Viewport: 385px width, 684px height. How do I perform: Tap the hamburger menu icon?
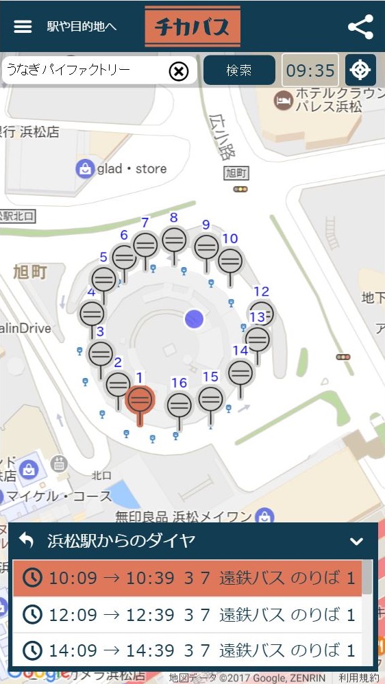pos(23,27)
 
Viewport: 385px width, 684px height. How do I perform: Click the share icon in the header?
pos(360,27)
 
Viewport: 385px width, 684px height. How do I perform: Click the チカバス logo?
pos(192,27)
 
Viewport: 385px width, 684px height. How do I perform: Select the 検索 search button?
pos(239,71)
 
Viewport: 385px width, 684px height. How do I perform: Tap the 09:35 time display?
pos(310,71)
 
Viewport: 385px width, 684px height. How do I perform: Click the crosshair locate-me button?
pos(360,71)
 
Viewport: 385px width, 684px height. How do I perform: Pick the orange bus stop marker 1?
pos(140,399)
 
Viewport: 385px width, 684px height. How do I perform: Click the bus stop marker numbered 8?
pos(174,240)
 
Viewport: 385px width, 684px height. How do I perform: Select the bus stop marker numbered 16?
pos(179,405)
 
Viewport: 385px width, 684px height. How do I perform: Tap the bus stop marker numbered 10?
pos(230,260)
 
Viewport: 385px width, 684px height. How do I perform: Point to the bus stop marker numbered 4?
pos(92,314)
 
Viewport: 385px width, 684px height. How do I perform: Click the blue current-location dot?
pos(195,318)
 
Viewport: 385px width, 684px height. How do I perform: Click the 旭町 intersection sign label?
pos(238,174)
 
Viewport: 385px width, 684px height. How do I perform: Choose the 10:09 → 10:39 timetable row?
pos(187,579)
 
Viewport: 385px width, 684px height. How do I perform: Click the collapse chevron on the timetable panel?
pos(356,541)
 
